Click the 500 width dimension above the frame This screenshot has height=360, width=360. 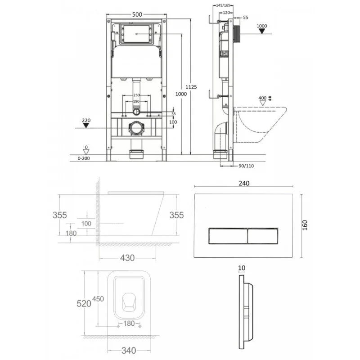point(137,14)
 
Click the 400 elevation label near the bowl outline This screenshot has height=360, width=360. point(262,98)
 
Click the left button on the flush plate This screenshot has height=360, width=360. point(227,235)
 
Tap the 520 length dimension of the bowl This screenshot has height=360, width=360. point(83,303)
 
